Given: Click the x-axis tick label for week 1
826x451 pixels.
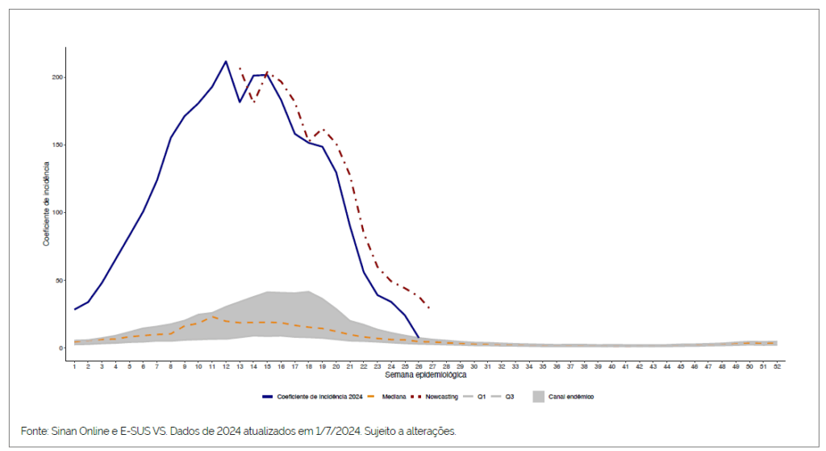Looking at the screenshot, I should pos(74,366).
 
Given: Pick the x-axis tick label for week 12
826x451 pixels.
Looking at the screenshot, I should pos(226,366).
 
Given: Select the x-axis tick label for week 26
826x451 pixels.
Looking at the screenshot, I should pos(419,366).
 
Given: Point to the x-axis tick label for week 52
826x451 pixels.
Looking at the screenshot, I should pos(777,366).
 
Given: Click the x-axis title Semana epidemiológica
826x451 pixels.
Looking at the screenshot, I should pos(425,375).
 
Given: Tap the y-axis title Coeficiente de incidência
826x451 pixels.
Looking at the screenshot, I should pos(47,204).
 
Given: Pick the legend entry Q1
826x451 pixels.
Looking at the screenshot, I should pos(481,396).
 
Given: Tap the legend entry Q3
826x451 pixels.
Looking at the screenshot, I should pos(510,396).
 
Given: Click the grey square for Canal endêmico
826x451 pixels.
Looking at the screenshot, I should pos(538,396).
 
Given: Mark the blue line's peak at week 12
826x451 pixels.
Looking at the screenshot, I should pos(226,61).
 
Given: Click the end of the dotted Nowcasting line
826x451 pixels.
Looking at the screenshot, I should pos(429,308).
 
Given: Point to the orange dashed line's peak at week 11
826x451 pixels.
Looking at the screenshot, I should pos(212,316).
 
